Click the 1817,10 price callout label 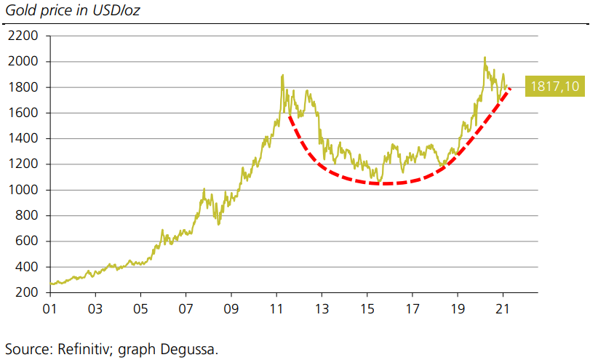click(x=555, y=87)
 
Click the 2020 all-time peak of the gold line click(x=485, y=57)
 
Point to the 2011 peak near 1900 click(x=282, y=75)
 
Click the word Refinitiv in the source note click(x=81, y=348)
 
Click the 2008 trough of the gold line click(x=218, y=223)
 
